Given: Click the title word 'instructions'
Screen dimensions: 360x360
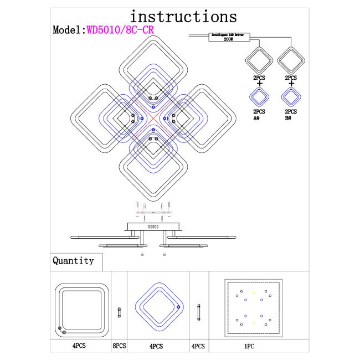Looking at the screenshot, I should click(x=183, y=17).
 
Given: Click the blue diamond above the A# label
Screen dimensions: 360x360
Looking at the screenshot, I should click(x=258, y=97).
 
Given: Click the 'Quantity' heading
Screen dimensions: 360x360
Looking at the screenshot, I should click(x=73, y=261).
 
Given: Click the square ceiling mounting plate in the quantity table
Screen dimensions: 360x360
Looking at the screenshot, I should click(x=254, y=307).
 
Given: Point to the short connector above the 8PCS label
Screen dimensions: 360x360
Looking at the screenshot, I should click(x=119, y=313).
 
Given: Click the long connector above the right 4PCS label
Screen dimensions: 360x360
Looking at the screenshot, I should click(x=198, y=312).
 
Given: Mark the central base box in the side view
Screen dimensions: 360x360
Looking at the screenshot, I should click(x=153, y=227).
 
